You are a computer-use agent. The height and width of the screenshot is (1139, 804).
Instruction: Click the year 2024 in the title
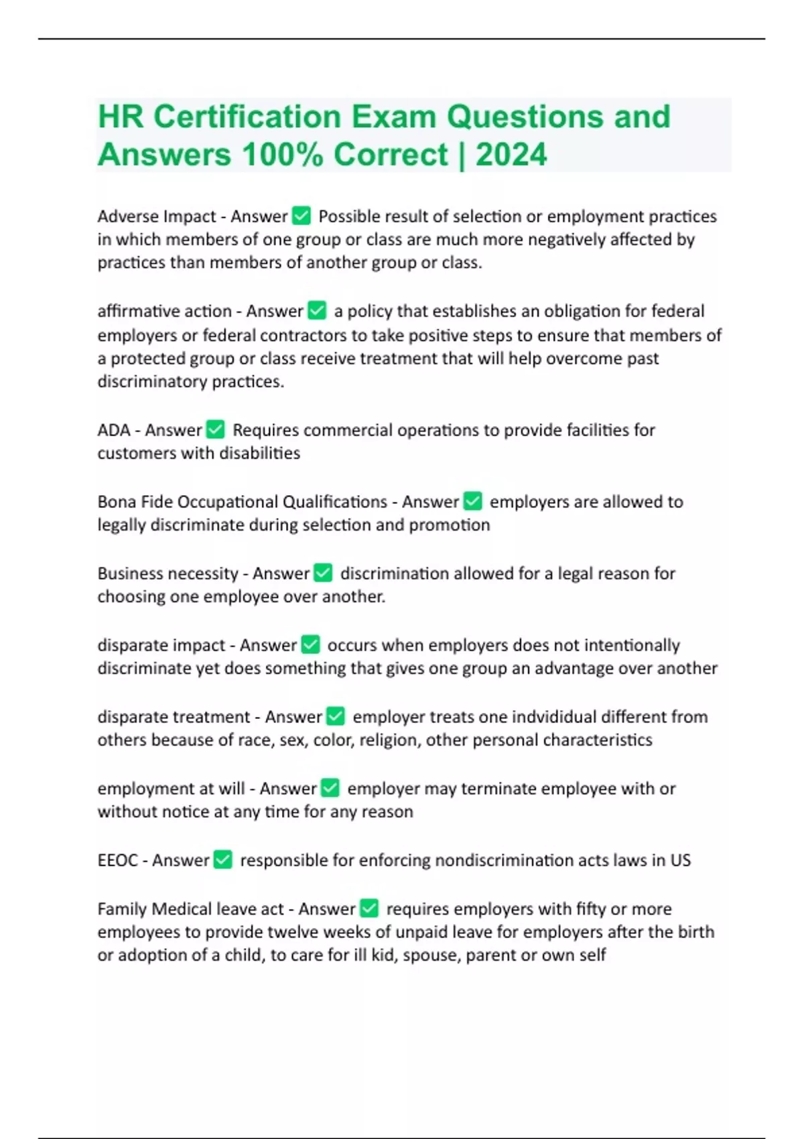coord(511,155)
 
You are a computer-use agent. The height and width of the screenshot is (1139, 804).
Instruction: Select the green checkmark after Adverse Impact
coord(302,216)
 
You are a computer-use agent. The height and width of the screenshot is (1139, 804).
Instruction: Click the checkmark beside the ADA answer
coord(216,429)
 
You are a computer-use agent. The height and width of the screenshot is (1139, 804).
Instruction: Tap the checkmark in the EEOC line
coord(223,860)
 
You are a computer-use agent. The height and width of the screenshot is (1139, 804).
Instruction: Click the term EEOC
coord(117,860)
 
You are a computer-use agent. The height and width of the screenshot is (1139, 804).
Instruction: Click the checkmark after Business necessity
coord(323,573)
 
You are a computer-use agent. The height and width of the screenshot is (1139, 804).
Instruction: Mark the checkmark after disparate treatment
coord(335,716)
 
